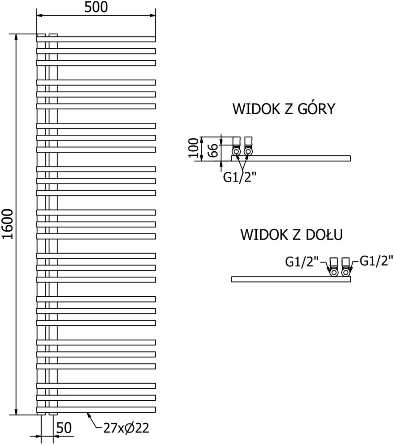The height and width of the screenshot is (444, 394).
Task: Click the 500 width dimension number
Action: (96, 7)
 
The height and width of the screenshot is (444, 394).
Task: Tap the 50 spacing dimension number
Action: (64, 428)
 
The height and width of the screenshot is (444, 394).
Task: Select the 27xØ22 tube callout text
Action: (126, 428)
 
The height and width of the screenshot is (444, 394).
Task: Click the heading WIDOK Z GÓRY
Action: (284, 109)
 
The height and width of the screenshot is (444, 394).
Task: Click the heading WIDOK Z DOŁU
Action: (291, 234)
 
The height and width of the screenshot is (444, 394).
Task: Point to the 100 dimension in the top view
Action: (194, 148)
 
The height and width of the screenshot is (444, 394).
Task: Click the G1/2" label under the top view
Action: (240, 177)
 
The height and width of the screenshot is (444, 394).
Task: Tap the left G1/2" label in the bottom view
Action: (302, 261)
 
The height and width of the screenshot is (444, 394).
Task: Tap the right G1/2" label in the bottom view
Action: (377, 261)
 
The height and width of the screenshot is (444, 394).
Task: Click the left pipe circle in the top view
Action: (236, 152)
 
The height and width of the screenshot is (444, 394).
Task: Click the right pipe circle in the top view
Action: (248, 152)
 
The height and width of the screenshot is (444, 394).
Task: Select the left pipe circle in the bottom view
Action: (334, 272)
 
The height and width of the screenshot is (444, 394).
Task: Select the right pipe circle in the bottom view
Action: (345, 272)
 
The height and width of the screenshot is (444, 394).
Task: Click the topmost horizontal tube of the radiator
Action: (96, 39)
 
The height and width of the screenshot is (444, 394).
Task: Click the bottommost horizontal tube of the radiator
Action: (96, 410)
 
